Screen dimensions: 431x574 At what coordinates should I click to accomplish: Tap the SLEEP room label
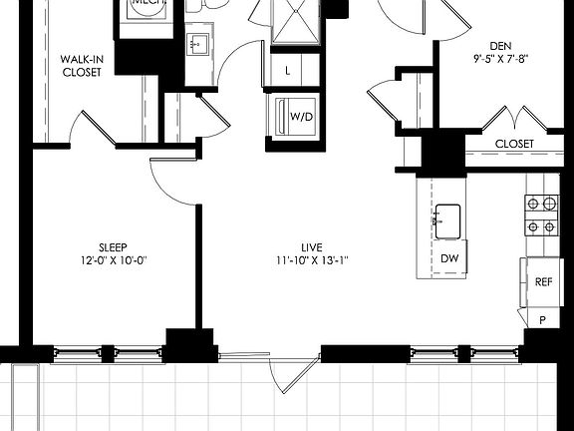click(112, 246)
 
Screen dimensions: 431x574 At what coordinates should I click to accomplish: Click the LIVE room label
click(313, 246)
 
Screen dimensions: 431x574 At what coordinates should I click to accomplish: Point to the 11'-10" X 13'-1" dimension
click(313, 260)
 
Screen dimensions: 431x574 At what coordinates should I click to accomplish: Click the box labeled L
click(288, 70)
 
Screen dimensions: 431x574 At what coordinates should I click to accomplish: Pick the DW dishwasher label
click(449, 257)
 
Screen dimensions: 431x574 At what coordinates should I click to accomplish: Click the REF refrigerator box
click(543, 281)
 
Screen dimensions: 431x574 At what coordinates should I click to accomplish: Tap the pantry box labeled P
click(543, 319)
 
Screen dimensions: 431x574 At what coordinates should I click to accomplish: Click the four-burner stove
click(541, 215)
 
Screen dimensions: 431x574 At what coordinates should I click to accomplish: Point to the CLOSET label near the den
click(513, 144)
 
